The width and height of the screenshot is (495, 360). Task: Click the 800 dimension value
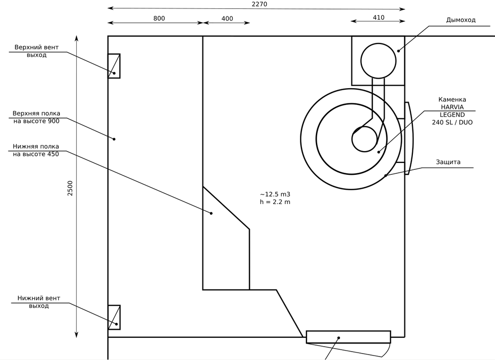(159, 18)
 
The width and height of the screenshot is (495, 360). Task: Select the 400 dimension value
(227, 18)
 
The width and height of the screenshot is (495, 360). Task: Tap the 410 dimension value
(378, 17)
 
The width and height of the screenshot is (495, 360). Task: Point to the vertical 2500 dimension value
(70, 188)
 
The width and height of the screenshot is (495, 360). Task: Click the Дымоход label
(461, 20)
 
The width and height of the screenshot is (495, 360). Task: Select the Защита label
(448, 162)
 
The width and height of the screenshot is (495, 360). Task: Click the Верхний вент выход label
(37, 51)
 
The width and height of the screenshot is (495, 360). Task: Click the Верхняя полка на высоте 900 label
(37, 117)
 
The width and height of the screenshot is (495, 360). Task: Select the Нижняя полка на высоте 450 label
(37, 150)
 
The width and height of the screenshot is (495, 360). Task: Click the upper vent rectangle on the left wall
(114, 66)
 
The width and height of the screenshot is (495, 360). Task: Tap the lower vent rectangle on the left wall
(114, 317)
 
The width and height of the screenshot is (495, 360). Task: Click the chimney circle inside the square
(379, 60)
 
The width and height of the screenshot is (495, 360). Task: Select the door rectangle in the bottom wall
(348, 337)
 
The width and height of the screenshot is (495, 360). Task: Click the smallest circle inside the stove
(364, 139)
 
